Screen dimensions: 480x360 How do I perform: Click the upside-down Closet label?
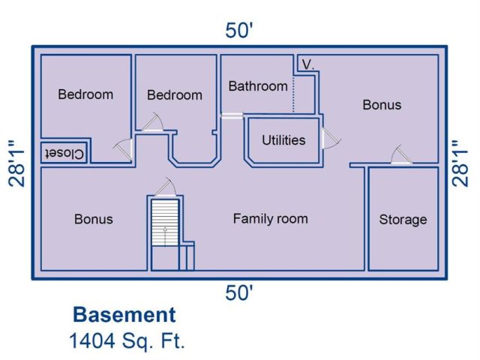64,153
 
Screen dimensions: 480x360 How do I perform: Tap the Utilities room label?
283,140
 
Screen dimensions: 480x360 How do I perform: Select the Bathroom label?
258,86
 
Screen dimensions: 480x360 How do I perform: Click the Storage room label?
403,220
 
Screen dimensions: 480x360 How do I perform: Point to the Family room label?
270,219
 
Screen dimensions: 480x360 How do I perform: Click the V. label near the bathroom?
308,64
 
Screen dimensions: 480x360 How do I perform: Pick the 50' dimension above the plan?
239,31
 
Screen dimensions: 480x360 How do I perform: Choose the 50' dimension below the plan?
239,292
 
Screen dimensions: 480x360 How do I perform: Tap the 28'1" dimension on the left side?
16,163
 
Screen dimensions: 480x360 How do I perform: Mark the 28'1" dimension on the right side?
460,163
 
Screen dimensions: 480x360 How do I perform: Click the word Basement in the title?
124,315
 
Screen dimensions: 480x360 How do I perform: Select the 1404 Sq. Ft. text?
127,340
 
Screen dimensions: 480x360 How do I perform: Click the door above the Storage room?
402,154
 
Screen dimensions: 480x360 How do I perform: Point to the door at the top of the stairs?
165,187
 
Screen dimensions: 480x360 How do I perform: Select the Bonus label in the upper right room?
382,105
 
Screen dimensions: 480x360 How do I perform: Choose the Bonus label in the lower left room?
94,219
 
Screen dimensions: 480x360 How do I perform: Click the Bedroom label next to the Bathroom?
175,95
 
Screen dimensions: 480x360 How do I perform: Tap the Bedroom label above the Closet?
85,94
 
